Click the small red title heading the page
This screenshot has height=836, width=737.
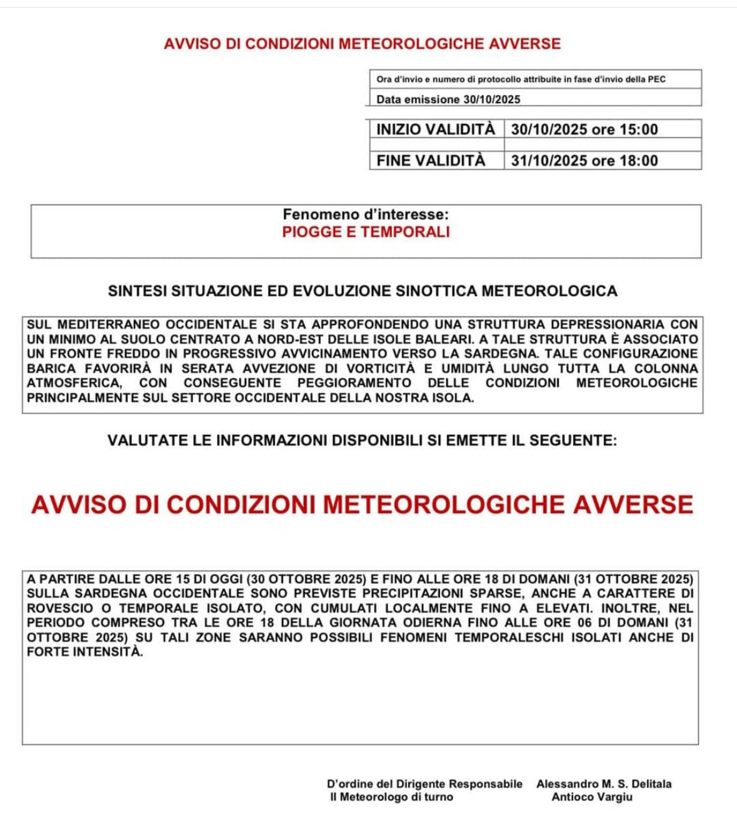click(362, 44)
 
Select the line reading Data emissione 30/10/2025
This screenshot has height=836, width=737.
click(448, 99)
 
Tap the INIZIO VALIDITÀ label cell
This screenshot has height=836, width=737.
click(436, 129)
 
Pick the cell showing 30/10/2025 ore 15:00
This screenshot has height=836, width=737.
click(584, 129)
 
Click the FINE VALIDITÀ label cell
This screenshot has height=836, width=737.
click(431, 161)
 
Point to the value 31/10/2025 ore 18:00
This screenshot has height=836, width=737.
click(584, 161)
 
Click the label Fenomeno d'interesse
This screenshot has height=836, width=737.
click(366, 214)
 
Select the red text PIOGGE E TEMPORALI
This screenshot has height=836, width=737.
click(366, 232)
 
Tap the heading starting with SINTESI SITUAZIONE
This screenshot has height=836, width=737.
click(363, 291)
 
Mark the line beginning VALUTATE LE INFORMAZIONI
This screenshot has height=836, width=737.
click(362, 440)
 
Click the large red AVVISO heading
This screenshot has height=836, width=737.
click(362, 504)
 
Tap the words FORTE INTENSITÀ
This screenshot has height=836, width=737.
click(85, 652)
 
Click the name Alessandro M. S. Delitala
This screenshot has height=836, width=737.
click(604, 784)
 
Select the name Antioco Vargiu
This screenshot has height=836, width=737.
click(592, 797)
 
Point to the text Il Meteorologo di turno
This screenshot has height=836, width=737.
click(392, 797)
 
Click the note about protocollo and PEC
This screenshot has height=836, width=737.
click(521, 79)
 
